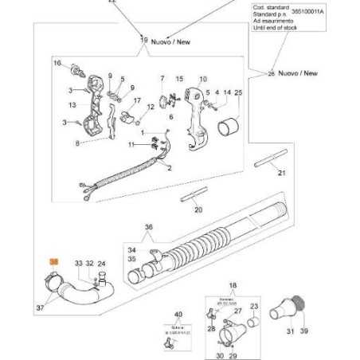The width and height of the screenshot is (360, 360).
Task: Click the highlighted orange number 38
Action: [x=53, y=261]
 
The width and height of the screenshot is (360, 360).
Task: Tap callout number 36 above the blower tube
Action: [x=147, y=227]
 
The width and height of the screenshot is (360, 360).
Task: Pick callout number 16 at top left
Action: [x=57, y=63]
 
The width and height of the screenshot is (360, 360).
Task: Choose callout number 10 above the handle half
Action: [x=202, y=79]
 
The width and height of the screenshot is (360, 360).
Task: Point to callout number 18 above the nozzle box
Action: [x=233, y=285]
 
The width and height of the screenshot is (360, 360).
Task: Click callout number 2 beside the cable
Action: [x=170, y=169]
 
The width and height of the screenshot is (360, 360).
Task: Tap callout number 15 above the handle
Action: [x=179, y=79]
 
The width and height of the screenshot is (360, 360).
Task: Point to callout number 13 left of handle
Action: [x=72, y=104]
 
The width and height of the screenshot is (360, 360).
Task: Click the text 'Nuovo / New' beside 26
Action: [x=299, y=72]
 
